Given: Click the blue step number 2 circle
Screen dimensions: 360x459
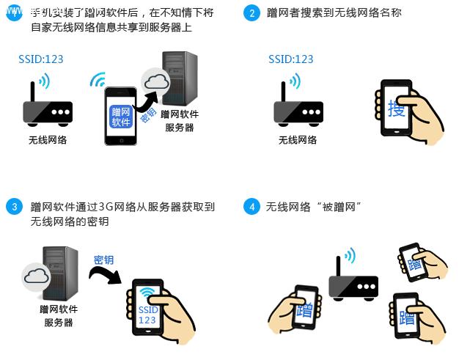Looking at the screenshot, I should point(252,13).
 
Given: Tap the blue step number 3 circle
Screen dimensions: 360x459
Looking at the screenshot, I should point(13,207).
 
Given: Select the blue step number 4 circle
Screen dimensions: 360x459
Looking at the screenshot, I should point(252,207).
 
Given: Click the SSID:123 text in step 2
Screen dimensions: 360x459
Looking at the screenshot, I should point(290,59).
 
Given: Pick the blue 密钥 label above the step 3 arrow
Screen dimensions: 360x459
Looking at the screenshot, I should point(103,260).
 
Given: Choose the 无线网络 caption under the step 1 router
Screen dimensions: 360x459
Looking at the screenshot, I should point(48,140).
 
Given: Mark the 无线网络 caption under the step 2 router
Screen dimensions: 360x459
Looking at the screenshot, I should point(298,140).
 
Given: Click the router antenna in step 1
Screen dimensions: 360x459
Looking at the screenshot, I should point(32,94).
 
